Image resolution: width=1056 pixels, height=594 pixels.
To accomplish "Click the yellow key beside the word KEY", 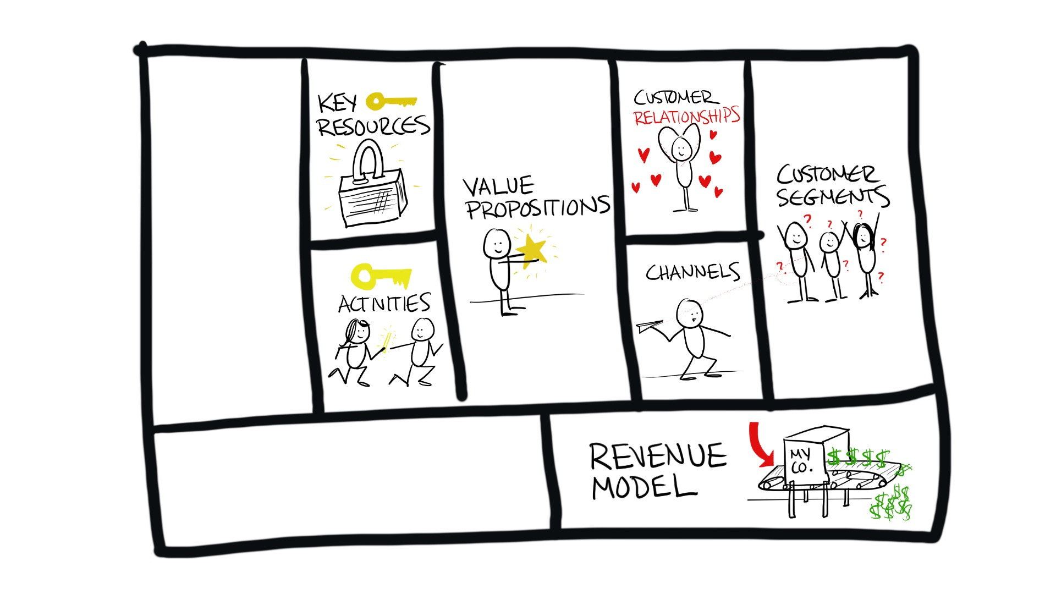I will click(x=391, y=102).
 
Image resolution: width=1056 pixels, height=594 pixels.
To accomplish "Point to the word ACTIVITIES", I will click(x=384, y=304).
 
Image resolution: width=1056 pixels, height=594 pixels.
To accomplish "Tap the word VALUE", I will click(x=498, y=186).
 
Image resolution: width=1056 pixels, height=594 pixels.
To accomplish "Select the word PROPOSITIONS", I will click(x=537, y=208).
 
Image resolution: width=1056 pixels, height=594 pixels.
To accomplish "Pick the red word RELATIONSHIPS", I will click(x=686, y=117).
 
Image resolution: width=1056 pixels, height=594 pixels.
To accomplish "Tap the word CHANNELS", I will click(x=692, y=272).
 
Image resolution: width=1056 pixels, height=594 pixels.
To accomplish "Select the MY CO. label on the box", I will click(x=801, y=461).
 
